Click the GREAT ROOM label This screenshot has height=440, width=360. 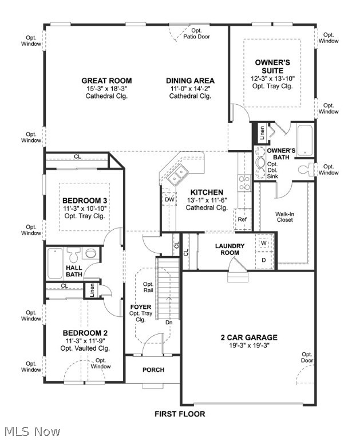(x=106, y=81)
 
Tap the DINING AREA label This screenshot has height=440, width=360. (x=190, y=81)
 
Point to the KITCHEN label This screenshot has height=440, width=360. (x=207, y=192)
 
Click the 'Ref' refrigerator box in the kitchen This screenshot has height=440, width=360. (x=242, y=219)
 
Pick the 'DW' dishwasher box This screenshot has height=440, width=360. (x=169, y=199)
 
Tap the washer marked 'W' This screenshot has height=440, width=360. (x=264, y=242)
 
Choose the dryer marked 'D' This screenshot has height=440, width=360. (x=264, y=260)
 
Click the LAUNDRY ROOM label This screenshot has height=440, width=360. (x=230, y=249)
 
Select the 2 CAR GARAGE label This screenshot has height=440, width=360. (x=249, y=337)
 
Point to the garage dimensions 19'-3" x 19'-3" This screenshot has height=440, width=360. (x=249, y=345)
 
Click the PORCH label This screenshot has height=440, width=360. (x=153, y=370)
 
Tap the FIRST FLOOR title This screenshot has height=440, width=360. (x=180, y=414)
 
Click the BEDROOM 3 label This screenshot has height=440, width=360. (x=85, y=201)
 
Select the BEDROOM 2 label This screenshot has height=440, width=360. (x=85, y=333)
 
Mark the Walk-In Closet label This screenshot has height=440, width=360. (x=285, y=216)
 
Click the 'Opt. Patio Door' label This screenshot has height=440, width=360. (x=196, y=33)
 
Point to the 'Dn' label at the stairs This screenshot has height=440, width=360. (x=169, y=323)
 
